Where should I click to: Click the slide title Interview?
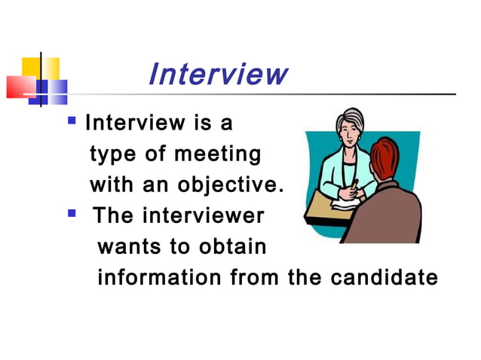[218, 75]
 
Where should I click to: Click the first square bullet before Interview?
[72, 119]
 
